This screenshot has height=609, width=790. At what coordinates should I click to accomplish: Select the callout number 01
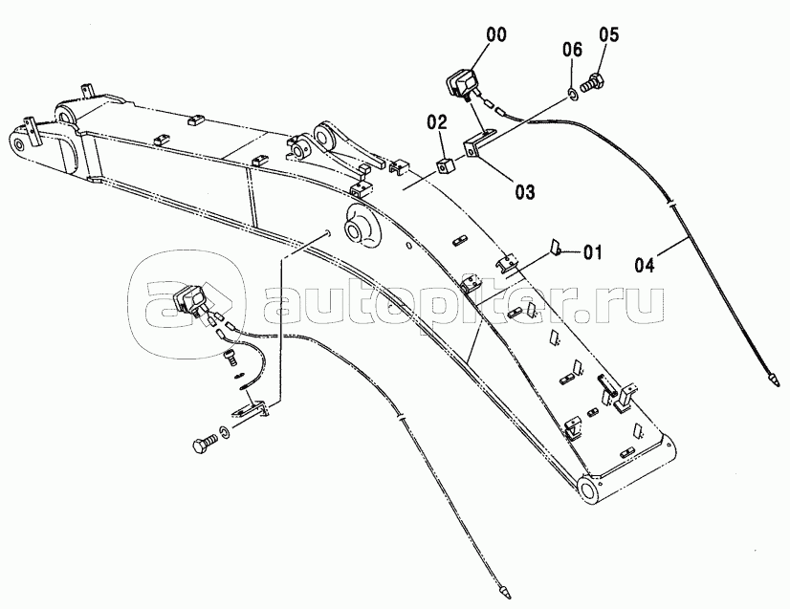click(x=592, y=253)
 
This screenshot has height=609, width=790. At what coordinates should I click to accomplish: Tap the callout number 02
click(x=436, y=121)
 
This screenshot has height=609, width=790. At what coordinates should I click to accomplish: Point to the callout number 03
click(x=524, y=191)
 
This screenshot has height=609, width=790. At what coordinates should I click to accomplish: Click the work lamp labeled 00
click(x=462, y=82)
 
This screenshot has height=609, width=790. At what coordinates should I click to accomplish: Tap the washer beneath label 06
click(x=572, y=92)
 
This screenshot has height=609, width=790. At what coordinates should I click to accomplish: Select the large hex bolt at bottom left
click(x=204, y=445)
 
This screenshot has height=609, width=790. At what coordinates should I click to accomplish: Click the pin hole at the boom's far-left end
click(x=17, y=147)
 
